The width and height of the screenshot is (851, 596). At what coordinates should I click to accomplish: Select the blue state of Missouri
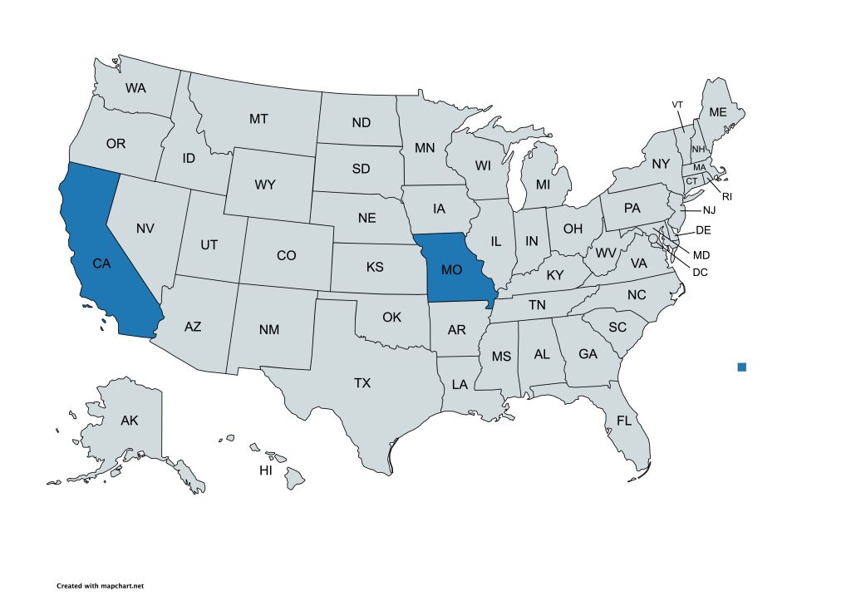[x=453, y=270]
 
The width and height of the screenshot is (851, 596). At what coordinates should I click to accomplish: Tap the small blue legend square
[x=742, y=367]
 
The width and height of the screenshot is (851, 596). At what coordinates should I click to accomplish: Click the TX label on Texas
[x=362, y=383]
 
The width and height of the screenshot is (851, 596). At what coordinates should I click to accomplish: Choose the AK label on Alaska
[x=129, y=421]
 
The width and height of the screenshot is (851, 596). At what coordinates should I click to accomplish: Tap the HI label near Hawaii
[x=266, y=470]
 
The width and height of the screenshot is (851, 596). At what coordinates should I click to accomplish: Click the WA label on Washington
[x=137, y=87]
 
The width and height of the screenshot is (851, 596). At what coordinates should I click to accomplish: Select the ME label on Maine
[x=716, y=112]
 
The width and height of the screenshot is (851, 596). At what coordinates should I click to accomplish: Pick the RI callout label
[x=726, y=197]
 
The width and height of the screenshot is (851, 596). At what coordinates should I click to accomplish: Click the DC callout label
[x=700, y=272]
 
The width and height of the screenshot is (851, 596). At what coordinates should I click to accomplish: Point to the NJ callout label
[x=709, y=211]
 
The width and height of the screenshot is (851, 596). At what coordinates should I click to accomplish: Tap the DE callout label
[x=703, y=230]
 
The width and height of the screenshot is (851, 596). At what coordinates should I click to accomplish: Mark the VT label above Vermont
[x=677, y=104]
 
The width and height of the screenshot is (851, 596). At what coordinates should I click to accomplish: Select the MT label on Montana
[x=258, y=120]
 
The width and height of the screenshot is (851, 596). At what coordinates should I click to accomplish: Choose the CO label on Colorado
[x=286, y=256]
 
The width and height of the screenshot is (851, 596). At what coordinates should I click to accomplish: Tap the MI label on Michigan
[x=543, y=184]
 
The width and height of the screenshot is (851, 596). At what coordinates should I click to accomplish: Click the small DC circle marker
[x=653, y=239]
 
